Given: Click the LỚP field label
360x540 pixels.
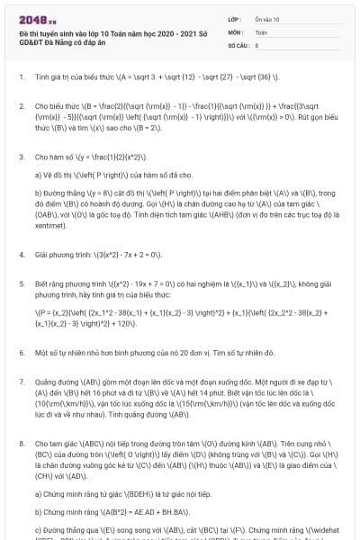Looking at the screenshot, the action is tap(235, 19).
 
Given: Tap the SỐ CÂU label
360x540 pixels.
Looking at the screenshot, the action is tap(238, 43).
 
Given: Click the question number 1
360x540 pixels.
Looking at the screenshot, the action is tap(21, 77).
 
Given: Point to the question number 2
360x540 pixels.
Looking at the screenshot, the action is tap(21, 107).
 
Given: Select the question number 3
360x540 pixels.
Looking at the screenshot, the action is tap(21, 157).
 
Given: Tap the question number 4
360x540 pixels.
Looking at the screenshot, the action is tap(21, 256).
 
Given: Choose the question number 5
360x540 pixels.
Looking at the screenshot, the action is tap(21, 282).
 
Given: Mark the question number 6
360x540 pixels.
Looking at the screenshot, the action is tap(21, 353).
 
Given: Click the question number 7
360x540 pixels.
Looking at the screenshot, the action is tap(21, 379).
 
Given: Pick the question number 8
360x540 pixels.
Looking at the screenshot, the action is tap(21, 445).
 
